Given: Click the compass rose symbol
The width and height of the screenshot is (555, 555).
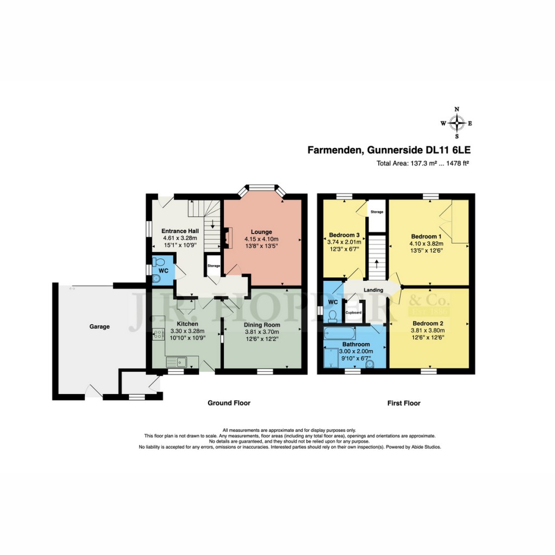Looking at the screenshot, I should (457, 123).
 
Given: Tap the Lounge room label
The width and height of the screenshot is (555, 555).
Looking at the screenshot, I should (261, 232).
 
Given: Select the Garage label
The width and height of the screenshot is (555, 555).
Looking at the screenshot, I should (100, 327).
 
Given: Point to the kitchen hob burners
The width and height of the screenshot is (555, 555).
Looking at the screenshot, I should (158, 334).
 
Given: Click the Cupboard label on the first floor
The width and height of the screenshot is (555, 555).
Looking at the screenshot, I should (353, 313).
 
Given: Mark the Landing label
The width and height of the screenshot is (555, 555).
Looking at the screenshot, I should (373, 290).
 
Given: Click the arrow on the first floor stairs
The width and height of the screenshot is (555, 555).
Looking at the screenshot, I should (378, 264).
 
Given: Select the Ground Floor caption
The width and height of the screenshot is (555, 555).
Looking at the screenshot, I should (229, 403).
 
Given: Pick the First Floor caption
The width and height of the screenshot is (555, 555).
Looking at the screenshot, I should (404, 403).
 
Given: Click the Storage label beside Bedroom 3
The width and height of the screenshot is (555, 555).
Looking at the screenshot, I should (377, 212).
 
